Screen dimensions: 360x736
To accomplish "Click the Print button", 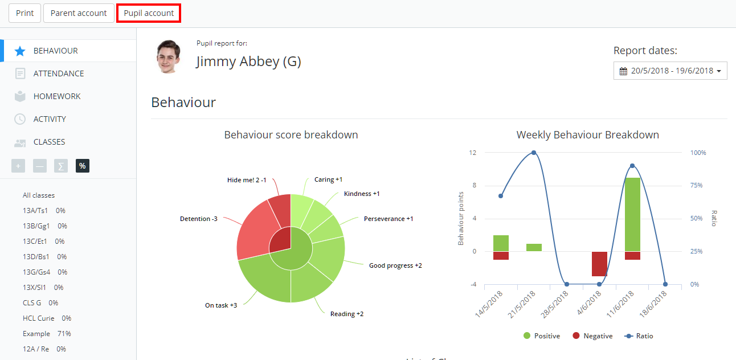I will [x=24, y=13].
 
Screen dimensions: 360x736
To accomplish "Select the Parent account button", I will [x=79, y=13].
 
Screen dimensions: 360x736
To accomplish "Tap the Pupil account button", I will [x=149, y=13].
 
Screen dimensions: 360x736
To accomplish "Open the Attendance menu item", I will [x=58, y=73].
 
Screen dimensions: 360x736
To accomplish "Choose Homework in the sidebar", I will [x=57, y=96].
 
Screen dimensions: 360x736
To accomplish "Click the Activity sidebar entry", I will [x=50, y=119].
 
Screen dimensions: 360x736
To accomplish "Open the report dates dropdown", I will [x=670, y=71].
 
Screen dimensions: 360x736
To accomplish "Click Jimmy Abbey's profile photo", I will [x=168, y=57].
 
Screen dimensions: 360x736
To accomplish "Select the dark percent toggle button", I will [x=83, y=166].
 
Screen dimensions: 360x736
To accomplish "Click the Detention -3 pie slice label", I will [x=198, y=219].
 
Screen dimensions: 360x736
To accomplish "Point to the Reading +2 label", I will [x=346, y=314].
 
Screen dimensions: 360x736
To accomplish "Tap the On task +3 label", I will [x=220, y=305].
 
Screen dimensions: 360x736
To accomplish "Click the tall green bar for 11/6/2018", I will [x=632, y=214].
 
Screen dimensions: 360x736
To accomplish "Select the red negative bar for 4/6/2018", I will [x=599, y=264].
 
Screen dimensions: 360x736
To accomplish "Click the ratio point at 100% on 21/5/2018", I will [x=534, y=153].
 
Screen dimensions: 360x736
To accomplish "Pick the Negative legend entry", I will [x=592, y=336].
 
